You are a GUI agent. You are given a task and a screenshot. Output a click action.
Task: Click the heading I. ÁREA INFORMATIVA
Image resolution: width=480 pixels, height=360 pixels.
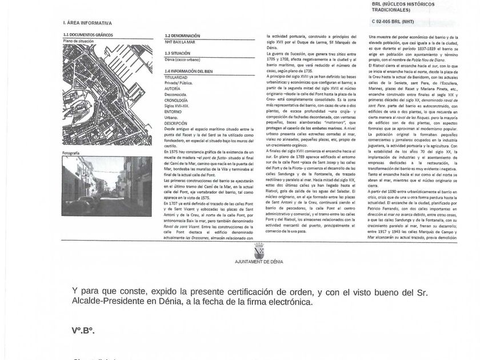point(87,23)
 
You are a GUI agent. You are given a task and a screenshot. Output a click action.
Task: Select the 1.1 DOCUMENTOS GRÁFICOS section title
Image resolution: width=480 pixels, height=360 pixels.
point(88,35)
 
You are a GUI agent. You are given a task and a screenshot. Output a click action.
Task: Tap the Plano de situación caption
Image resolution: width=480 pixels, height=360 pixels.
point(79,41)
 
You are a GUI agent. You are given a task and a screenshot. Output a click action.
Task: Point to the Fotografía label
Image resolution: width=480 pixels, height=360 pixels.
point(71,154)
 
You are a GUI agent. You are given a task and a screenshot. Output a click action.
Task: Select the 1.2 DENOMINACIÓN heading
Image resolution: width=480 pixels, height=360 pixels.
point(182,35)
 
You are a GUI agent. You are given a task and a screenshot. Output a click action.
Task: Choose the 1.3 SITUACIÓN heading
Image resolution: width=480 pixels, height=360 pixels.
point(177,53)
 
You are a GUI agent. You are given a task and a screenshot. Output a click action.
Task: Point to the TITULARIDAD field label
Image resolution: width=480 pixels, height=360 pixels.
point(176,77)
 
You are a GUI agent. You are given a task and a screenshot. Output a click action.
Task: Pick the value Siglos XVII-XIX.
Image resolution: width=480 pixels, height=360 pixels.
point(178,106)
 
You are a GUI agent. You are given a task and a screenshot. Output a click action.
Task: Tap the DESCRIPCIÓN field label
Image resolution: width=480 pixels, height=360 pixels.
point(175,123)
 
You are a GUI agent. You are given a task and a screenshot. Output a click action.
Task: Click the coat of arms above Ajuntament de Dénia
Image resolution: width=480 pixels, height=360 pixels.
point(258,251)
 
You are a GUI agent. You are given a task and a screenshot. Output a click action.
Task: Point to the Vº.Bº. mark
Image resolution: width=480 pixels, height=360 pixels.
point(83,331)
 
